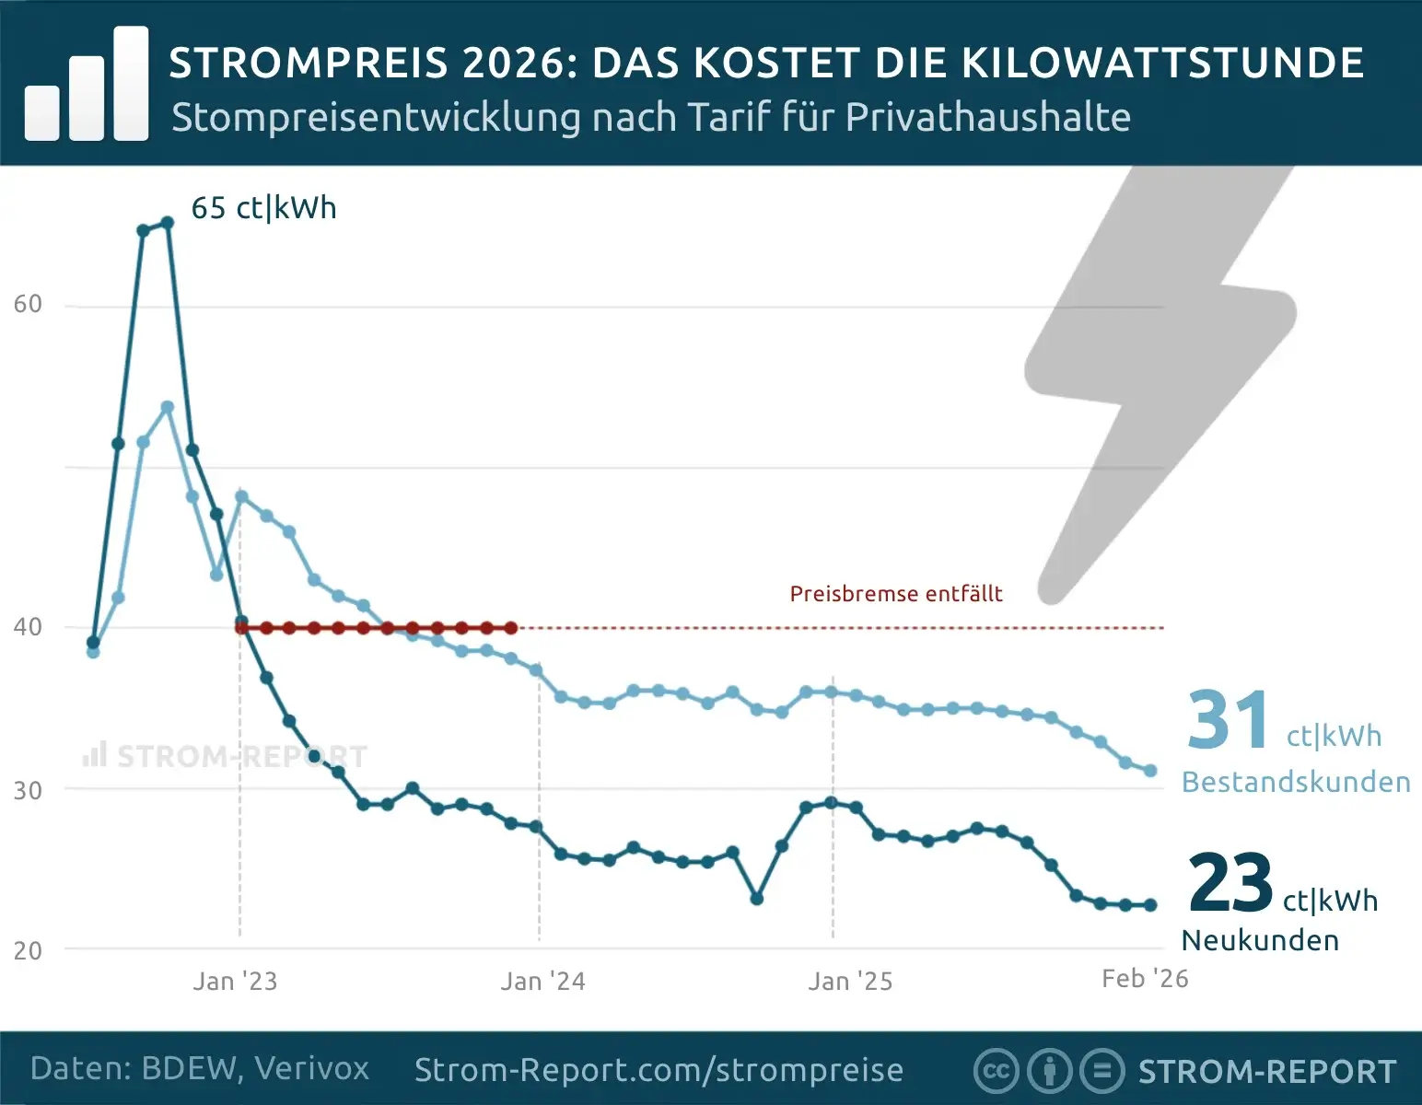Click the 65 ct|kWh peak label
(263, 208)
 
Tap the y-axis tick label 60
(28, 304)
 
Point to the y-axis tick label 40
(28, 627)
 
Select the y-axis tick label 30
(28, 790)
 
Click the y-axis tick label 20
(28, 950)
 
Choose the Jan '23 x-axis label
(235, 981)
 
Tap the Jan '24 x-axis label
(542, 981)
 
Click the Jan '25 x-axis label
(850, 981)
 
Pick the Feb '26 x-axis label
(1145, 978)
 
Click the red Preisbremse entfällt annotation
(895, 594)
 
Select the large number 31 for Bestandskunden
(1229, 720)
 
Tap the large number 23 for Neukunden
(1230, 883)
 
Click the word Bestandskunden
(1296, 782)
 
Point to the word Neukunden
(1260, 940)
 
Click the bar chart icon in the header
(87, 85)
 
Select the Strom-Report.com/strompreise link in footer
(659, 1070)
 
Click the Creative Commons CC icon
(996, 1071)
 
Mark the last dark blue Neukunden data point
(1150, 905)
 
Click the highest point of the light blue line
(168, 407)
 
